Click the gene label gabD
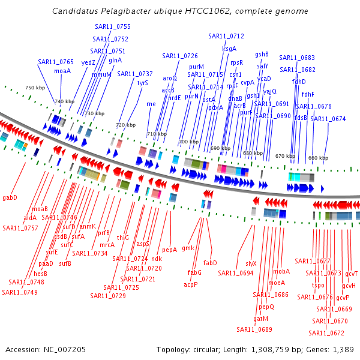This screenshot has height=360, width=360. (10, 197)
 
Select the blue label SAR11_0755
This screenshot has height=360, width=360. (113, 26)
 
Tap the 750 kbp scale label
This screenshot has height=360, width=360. (35, 88)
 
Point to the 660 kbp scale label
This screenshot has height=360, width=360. (318, 158)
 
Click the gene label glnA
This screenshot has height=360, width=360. (115, 61)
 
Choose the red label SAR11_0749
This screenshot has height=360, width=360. (20, 292)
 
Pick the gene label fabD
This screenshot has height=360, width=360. (210, 263)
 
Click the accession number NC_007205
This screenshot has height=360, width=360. (65, 350)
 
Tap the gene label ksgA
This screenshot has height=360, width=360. (229, 49)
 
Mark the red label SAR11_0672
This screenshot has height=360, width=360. (326, 333)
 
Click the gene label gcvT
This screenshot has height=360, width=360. (351, 274)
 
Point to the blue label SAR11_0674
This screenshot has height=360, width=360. (328, 119)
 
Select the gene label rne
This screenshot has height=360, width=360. (151, 104)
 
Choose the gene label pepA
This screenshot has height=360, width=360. (169, 250)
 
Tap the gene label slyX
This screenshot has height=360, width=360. (251, 263)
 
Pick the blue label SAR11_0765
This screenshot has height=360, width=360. (56, 62)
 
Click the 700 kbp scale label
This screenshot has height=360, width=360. (188, 142)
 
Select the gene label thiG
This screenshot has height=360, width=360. (123, 238)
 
